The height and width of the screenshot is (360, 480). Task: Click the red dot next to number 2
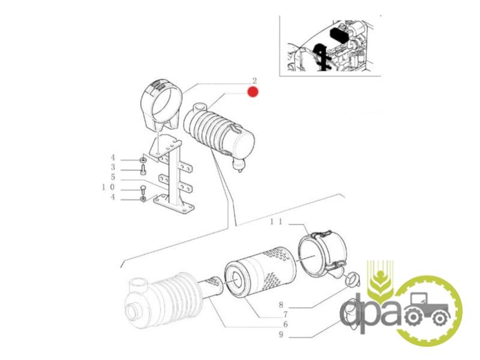point(253,92)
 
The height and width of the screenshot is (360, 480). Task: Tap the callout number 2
point(254,81)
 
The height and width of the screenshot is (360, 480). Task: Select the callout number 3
point(113,167)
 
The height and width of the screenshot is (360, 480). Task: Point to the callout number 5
point(113,177)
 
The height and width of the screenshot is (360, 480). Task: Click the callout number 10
point(109,187)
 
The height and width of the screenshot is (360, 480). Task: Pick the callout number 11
point(276,221)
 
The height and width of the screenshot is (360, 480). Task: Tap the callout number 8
point(281,305)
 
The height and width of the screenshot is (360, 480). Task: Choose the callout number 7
point(286,314)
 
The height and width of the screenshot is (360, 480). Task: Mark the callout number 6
point(286,324)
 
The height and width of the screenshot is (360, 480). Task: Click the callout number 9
point(281,335)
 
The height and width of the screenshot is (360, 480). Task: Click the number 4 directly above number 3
point(113,158)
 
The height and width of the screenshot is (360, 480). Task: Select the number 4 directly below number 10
point(113,197)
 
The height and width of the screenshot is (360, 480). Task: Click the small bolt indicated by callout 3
point(143,169)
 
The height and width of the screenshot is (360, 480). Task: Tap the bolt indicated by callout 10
point(143,190)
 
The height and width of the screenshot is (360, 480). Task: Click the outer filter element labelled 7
point(260,273)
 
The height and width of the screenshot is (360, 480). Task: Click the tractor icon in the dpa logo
point(427,309)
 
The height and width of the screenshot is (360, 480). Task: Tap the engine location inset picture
point(330,46)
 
